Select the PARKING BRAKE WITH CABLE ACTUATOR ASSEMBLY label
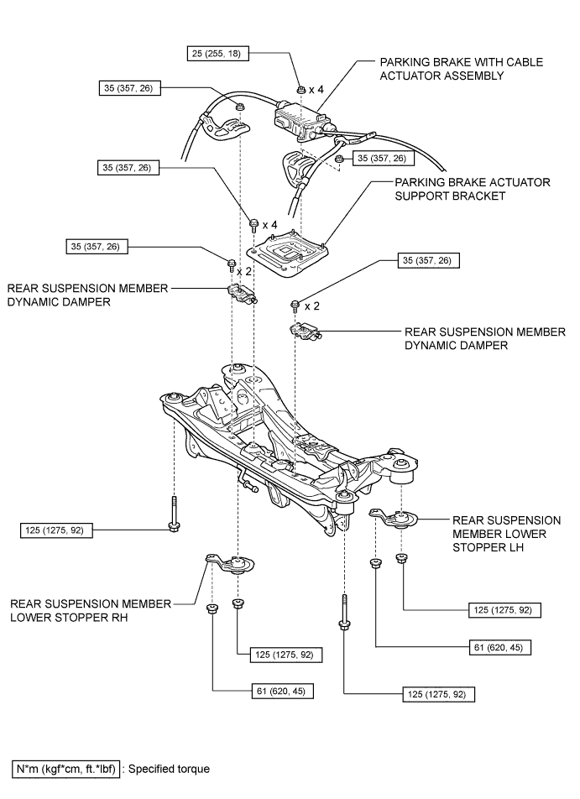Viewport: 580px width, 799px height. click(462, 69)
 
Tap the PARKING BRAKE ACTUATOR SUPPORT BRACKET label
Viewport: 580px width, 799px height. click(473, 189)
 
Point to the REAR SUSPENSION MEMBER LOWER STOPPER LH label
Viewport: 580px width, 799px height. click(507, 534)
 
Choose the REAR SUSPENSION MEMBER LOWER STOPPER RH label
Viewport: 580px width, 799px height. click(91, 610)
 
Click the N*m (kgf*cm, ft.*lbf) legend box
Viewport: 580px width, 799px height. click(66, 769)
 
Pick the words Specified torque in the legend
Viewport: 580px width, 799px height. click(169, 769)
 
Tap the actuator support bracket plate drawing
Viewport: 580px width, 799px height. click(287, 253)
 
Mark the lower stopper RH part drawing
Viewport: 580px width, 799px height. click(230, 564)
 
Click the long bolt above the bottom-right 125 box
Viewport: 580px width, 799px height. click(344, 613)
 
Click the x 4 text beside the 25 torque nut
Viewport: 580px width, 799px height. click(316, 90)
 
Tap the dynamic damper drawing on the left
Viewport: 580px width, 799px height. click(242, 295)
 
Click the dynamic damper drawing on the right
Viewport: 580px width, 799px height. click(306, 331)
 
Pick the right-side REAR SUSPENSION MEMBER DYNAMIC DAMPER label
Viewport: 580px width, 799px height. click(484, 338)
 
